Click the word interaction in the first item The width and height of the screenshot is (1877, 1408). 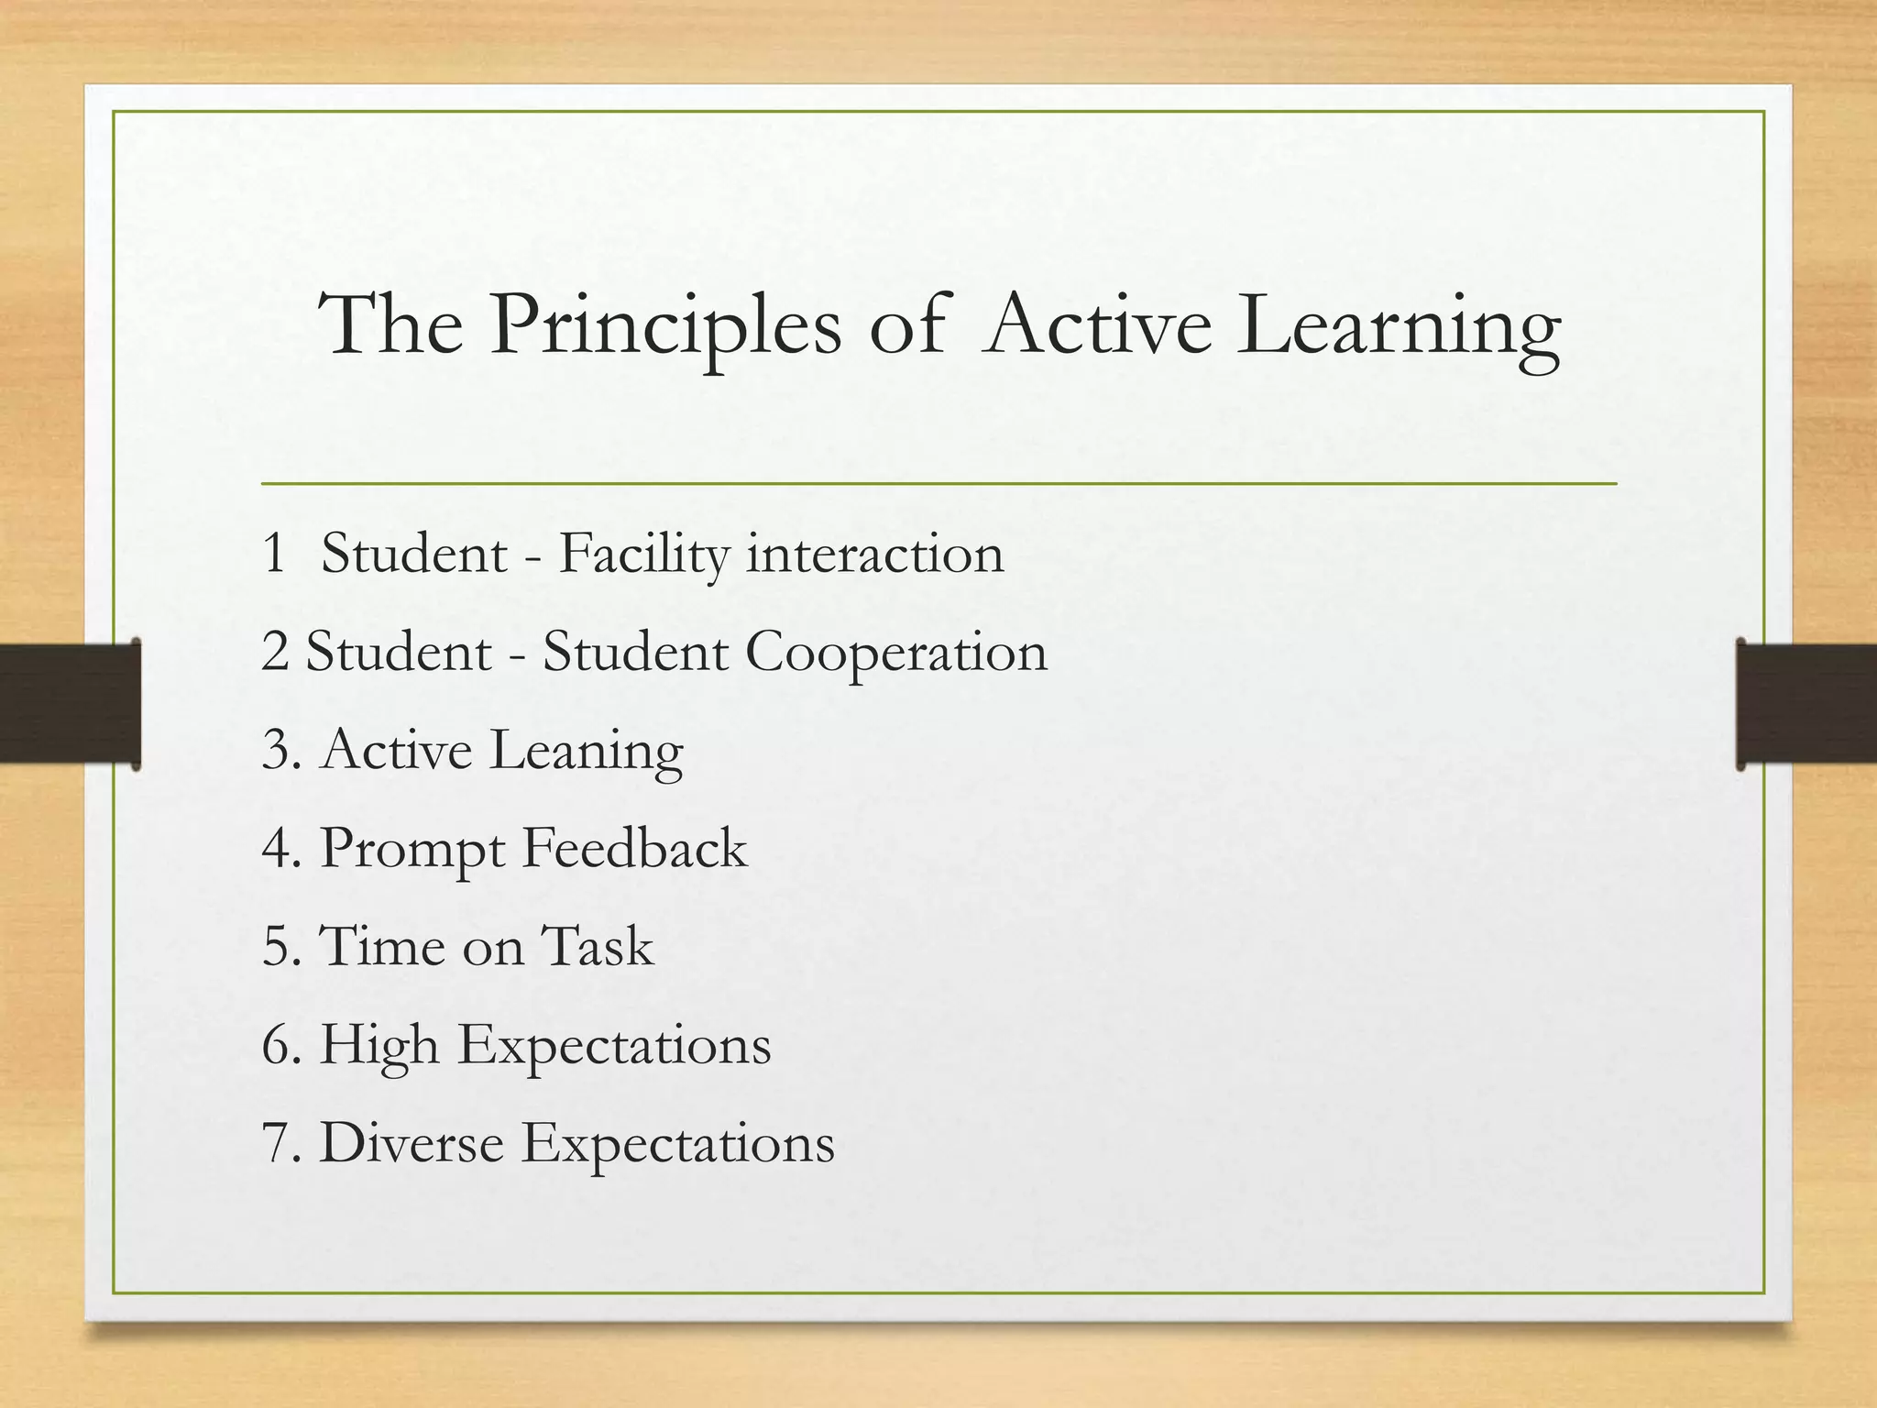[x=875, y=555]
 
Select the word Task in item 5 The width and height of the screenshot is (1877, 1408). [x=597, y=946]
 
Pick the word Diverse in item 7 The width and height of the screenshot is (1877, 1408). [x=412, y=1143]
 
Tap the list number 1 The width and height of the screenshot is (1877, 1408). [x=274, y=555]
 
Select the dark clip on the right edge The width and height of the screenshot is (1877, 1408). [x=1806, y=704]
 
